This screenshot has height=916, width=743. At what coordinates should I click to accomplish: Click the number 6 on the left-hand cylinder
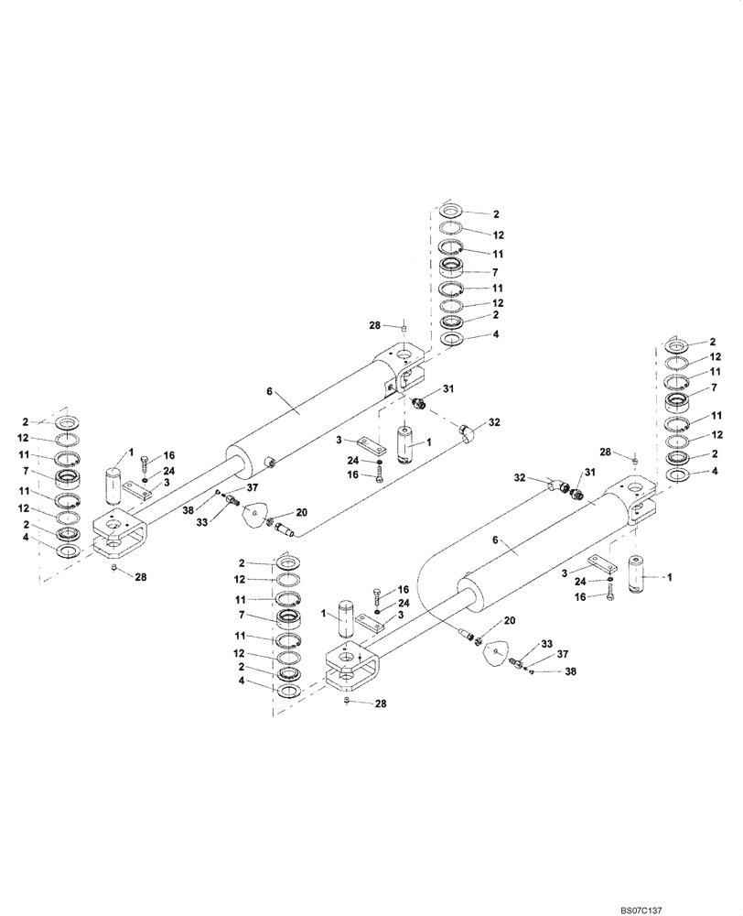271,391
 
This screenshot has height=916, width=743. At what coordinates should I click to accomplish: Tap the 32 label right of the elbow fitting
494,423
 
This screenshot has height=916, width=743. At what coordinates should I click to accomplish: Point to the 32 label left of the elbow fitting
519,477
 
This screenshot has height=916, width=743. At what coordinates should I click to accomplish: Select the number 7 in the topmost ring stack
495,273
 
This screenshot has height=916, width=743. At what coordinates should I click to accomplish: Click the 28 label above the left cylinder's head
373,326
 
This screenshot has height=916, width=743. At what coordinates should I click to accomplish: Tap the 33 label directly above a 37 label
548,644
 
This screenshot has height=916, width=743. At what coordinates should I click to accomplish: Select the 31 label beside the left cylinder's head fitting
448,389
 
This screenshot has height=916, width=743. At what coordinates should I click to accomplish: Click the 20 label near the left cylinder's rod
301,512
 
